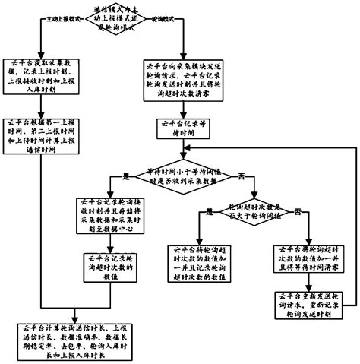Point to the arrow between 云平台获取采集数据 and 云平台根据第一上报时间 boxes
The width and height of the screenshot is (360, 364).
[x=44, y=106]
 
